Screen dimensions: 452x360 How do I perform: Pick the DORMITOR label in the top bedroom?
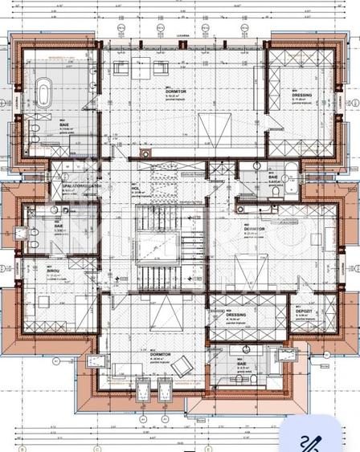point(176,92)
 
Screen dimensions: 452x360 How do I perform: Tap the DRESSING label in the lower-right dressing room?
point(237,316)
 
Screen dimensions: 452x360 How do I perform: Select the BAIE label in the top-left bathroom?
point(63,123)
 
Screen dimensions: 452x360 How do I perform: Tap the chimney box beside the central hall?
point(145,155)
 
